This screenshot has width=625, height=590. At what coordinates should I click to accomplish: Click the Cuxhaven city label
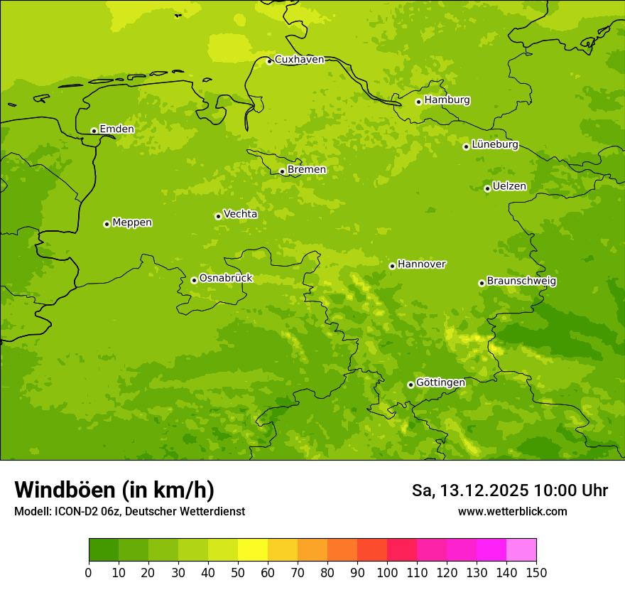coord(299,60)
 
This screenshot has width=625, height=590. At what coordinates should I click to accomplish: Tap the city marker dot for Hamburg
coord(419,102)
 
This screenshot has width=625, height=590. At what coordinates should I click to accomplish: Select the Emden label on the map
coord(116,129)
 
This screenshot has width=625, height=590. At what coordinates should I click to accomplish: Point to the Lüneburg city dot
coord(466,146)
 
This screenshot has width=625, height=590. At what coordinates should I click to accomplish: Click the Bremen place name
coord(307,170)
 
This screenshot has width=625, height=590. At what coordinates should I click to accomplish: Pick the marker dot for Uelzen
coord(487,188)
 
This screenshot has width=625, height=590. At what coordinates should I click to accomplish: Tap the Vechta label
coord(240,214)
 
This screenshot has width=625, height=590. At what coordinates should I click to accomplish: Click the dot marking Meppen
coord(107,224)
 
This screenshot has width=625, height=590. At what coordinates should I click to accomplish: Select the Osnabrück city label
coord(226,278)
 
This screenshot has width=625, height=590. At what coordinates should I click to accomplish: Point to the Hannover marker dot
coord(392,266)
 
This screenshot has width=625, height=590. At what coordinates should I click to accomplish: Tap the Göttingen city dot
coord(411,385)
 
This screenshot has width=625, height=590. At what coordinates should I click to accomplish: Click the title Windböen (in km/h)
coord(114,490)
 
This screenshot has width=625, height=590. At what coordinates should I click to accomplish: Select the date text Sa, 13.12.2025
coord(470,490)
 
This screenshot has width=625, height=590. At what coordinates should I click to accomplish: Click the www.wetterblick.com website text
coord(512,511)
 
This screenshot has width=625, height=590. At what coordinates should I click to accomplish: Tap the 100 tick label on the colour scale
coord(387,572)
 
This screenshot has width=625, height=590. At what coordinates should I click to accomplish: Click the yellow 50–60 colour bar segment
coord(253,550)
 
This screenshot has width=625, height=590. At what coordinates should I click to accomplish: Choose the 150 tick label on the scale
coord(536,572)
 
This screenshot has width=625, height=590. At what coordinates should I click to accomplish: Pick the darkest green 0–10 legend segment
coord(104,550)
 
